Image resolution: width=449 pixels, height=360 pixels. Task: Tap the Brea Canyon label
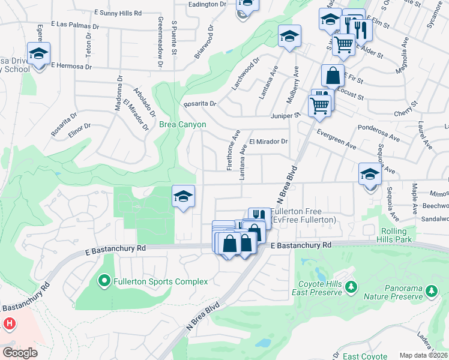(182, 125)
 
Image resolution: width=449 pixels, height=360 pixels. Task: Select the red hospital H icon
(10, 324)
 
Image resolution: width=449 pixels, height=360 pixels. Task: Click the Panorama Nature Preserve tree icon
(430, 292)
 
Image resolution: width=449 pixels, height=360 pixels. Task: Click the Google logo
(20, 353)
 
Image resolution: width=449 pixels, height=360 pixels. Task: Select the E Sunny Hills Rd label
(119, 12)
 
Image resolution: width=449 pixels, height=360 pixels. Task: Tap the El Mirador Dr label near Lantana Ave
(268, 142)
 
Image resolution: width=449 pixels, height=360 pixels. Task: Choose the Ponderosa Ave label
(379, 133)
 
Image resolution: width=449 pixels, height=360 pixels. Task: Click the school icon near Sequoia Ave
(370, 175)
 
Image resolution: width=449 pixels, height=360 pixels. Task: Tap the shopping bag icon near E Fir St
(332, 76)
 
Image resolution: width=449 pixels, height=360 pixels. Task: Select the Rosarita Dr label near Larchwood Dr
(200, 103)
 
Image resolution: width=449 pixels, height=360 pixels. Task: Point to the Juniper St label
(285, 115)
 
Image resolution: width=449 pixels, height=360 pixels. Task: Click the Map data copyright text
(424, 355)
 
